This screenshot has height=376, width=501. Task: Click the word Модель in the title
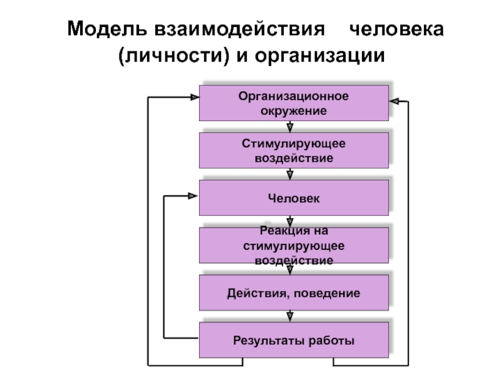[107, 29]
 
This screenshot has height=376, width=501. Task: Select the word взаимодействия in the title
[240, 29]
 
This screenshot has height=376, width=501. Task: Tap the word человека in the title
[396, 29]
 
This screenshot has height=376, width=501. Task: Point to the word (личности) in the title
[174, 56]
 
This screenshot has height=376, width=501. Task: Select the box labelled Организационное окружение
[294, 103]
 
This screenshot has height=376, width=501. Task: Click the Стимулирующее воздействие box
[294, 150]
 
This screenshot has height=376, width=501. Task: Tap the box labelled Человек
[294, 197]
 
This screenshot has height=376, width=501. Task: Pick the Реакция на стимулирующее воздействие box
[294, 245]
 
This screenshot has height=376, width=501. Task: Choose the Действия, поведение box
[294, 293]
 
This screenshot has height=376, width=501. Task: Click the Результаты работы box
[294, 340]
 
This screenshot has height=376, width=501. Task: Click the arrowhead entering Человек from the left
[193, 196]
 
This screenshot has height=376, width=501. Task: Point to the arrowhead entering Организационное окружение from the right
[395, 102]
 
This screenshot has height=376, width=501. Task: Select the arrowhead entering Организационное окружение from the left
[195, 97]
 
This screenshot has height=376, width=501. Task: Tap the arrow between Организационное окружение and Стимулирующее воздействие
[290, 127]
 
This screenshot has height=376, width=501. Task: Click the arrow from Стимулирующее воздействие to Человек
[290, 174]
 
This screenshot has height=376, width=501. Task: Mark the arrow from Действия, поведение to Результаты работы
[290, 316]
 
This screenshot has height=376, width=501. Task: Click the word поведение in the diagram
[327, 293]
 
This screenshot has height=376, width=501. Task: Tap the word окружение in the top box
[294, 112]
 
